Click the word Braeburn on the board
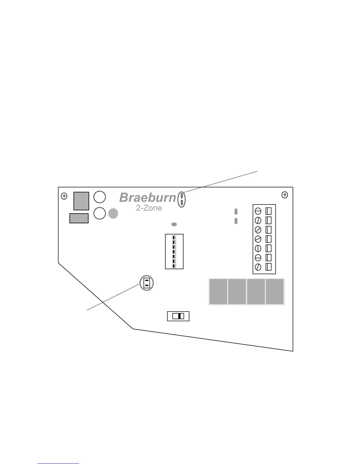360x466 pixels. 148,198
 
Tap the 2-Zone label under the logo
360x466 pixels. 149,208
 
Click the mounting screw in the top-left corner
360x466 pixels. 64,196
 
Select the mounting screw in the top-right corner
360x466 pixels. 285,195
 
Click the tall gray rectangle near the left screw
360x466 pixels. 81,201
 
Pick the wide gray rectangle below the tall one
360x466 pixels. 79,218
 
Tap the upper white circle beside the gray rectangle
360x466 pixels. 100,197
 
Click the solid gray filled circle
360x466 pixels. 113,214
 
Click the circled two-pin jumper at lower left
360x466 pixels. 146,283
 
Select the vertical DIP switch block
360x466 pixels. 174,252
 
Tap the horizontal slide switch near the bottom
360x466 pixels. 178,316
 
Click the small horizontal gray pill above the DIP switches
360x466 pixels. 174,224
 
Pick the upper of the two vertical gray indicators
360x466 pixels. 236,212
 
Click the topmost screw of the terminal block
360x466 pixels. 258,211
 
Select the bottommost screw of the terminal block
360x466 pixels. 258,267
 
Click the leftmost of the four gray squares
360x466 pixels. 218,292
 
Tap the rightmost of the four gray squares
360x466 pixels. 275,292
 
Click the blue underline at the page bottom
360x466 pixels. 58,464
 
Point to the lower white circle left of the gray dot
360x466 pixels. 100,213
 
